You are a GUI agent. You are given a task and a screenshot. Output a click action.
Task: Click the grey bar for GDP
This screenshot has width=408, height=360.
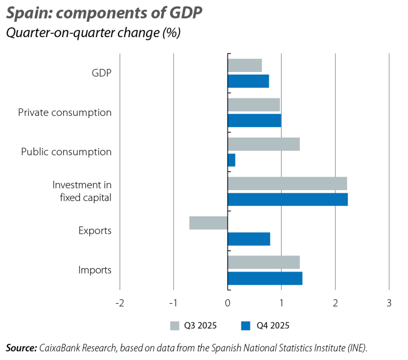pos(245,65)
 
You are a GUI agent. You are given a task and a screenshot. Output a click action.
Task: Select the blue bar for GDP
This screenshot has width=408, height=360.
pos(248,81)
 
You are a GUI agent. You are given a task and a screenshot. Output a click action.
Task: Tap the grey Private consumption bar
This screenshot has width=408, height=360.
pos(254,105)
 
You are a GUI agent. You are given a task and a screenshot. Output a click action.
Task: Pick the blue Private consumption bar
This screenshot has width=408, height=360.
pos(254,120)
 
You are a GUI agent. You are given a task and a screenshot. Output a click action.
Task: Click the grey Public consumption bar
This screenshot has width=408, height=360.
pos(264,144)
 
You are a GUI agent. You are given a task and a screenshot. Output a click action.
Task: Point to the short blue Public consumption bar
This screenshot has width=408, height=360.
pos(232,160)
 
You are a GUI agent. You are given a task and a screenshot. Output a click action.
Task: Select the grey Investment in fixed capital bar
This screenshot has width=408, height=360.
pos(287,183)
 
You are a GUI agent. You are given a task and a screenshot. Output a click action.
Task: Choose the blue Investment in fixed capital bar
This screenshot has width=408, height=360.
pos(288,199)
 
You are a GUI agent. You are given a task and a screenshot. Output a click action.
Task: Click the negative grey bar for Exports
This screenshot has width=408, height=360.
pos(208,223)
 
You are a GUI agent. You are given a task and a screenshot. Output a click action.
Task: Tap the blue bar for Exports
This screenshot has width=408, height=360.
pos(249,239)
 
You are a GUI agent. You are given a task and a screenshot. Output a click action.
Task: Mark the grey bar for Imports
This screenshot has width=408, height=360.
pos(264,262)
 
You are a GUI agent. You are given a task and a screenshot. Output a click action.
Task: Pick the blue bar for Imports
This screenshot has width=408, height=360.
pos(265,278)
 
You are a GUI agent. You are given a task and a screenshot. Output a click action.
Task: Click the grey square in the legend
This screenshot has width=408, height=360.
pos(175,326)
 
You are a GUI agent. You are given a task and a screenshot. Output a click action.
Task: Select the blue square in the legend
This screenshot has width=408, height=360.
pos(246,326)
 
